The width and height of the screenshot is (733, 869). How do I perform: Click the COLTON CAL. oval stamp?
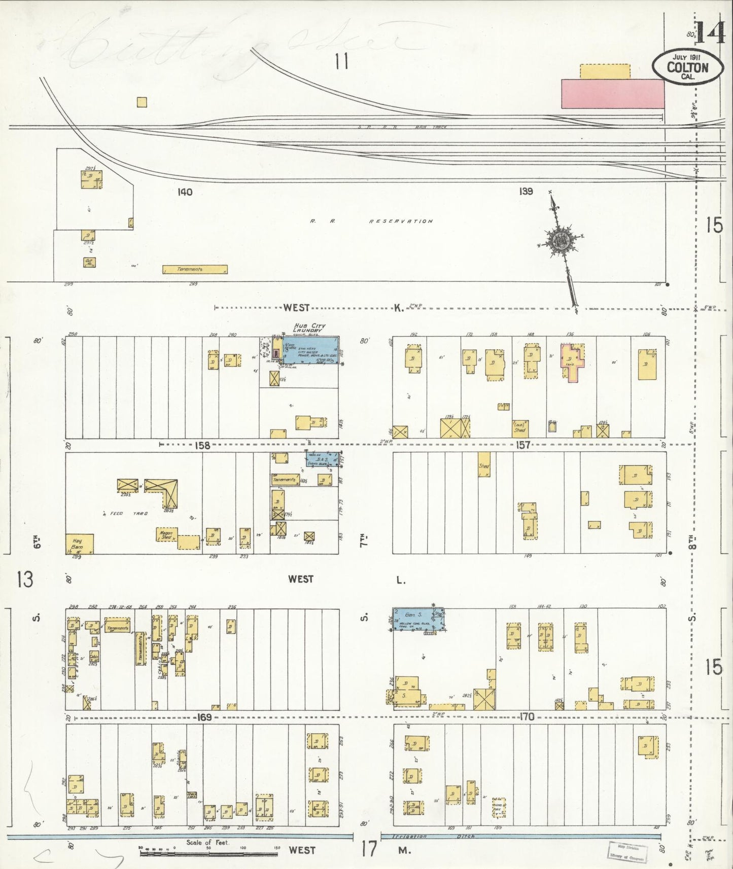[687, 67]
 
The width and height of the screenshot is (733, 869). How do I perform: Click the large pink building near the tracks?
[612, 93]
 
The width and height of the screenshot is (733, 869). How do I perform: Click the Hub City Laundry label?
[309, 328]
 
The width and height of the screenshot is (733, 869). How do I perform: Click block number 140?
[185, 192]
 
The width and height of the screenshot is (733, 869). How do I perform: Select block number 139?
[526, 191]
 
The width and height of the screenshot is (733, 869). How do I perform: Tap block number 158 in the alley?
[202, 445]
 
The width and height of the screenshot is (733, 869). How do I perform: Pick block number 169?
[204, 717]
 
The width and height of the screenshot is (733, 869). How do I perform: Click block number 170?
[527, 717]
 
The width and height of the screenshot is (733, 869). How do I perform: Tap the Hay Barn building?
[79, 544]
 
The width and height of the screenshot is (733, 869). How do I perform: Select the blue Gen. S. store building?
[418, 619]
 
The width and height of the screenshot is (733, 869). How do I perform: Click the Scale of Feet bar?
[208, 854]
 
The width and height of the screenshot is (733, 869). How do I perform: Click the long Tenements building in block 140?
[195, 269]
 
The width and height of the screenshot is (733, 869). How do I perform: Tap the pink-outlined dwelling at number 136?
[572, 361]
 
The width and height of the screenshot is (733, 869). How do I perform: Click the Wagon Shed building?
[166, 535]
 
